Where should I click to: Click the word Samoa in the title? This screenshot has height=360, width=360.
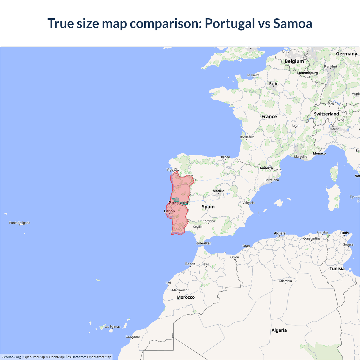pyautogui.click(x=292, y=23)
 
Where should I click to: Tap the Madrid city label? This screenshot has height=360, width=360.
pyautogui.click(x=219, y=191)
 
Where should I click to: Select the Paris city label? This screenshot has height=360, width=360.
pyautogui.click(x=273, y=83)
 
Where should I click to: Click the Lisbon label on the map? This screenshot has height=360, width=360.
pyautogui.click(x=169, y=211)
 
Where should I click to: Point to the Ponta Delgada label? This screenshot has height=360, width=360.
pyautogui.click(x=20, y=223)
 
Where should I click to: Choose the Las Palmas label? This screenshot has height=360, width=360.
pyautogui.click(x=112, y=327)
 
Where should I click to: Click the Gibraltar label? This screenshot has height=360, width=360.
pyautogui.click(x=203, y=243)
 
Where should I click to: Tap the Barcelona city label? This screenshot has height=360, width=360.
pyautogui.click(x=272, y=180)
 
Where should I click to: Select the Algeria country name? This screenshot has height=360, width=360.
pyautogui.click(x=279, y=330)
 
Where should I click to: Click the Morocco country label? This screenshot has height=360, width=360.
pyautogui.click(x=186, y=297)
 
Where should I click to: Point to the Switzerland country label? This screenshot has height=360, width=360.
pyautogui.click(x=326, y=114)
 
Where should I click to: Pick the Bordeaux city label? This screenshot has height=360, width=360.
pyautogui.click(x=247, y=137)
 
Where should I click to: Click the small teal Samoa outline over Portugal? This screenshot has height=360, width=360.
pyautogui.click(x=176, y=200)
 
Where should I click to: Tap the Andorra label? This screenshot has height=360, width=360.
pyautogui.click(x=266, y=168)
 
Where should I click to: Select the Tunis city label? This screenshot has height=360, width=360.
pyautogui.click(x=344, y=233)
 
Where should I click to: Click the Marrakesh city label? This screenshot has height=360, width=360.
pyautogui.click(x=180, y=290)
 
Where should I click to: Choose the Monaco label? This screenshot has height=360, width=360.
pyautogui.click(x=319, y=153)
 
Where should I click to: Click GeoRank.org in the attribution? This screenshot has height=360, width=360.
pyautogui.click(x=11, y=357)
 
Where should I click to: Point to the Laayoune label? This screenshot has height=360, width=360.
pyautogui.click(x=132, y=337)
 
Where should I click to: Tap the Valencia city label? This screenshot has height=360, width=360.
pyautogui.click(x=248, y=203)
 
